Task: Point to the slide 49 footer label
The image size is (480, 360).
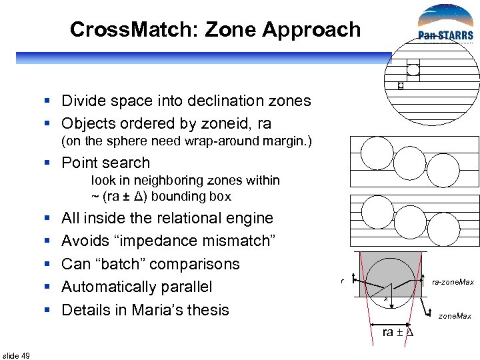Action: [16, 355]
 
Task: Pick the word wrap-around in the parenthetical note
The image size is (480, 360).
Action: [203, 142]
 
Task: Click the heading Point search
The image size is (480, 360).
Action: [105, 163]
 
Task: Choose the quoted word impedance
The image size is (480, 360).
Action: [159, 241]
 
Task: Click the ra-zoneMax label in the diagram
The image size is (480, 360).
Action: [453, 282]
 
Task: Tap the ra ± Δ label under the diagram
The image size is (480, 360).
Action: [398, 332]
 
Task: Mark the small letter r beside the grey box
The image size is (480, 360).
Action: [341, 282]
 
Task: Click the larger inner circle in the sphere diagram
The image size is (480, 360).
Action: [413, 69]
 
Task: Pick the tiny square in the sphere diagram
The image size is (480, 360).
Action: [400, 85]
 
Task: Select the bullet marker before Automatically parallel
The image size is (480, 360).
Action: [47, 287]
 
